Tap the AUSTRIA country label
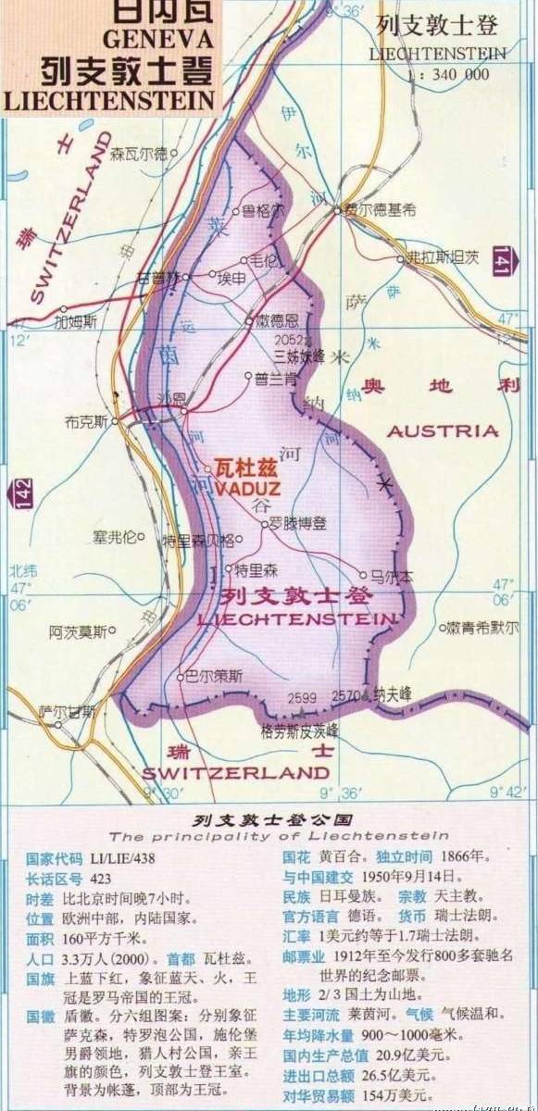443,431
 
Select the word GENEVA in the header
158,40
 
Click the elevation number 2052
289,340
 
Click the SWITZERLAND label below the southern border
236,772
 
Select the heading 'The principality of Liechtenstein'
278,836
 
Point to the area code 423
100,879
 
